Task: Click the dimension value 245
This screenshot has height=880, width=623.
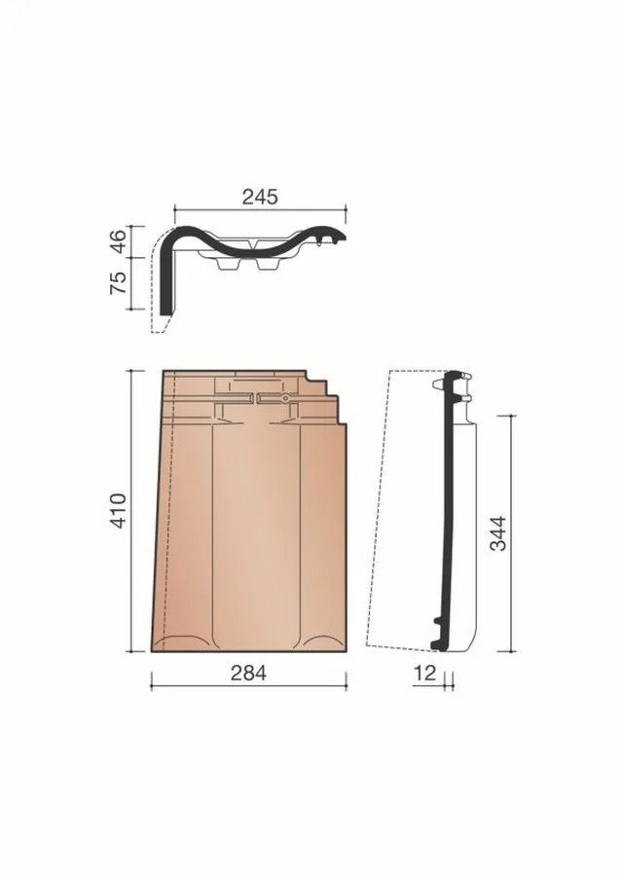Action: coord(260,197)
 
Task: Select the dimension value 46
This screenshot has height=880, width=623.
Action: coord(119,241)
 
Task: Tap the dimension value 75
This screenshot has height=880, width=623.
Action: coord(119,282)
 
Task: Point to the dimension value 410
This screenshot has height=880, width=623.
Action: coord(119,511)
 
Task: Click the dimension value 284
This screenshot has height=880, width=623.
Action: coord(248,673)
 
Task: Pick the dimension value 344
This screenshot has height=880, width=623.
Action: coord(497,533)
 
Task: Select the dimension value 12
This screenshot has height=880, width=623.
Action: coord(424,673)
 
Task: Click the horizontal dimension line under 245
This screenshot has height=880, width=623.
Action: coord(260,209)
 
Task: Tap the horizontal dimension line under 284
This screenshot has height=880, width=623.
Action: coord(248,686)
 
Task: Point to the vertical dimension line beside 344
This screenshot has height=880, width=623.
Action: coord(512,533)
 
